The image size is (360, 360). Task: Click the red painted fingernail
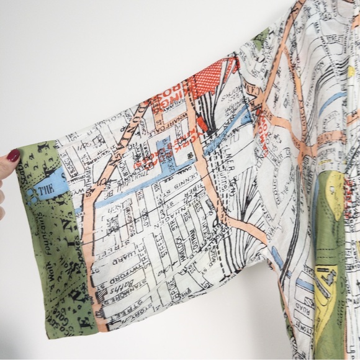click(12, 155)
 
